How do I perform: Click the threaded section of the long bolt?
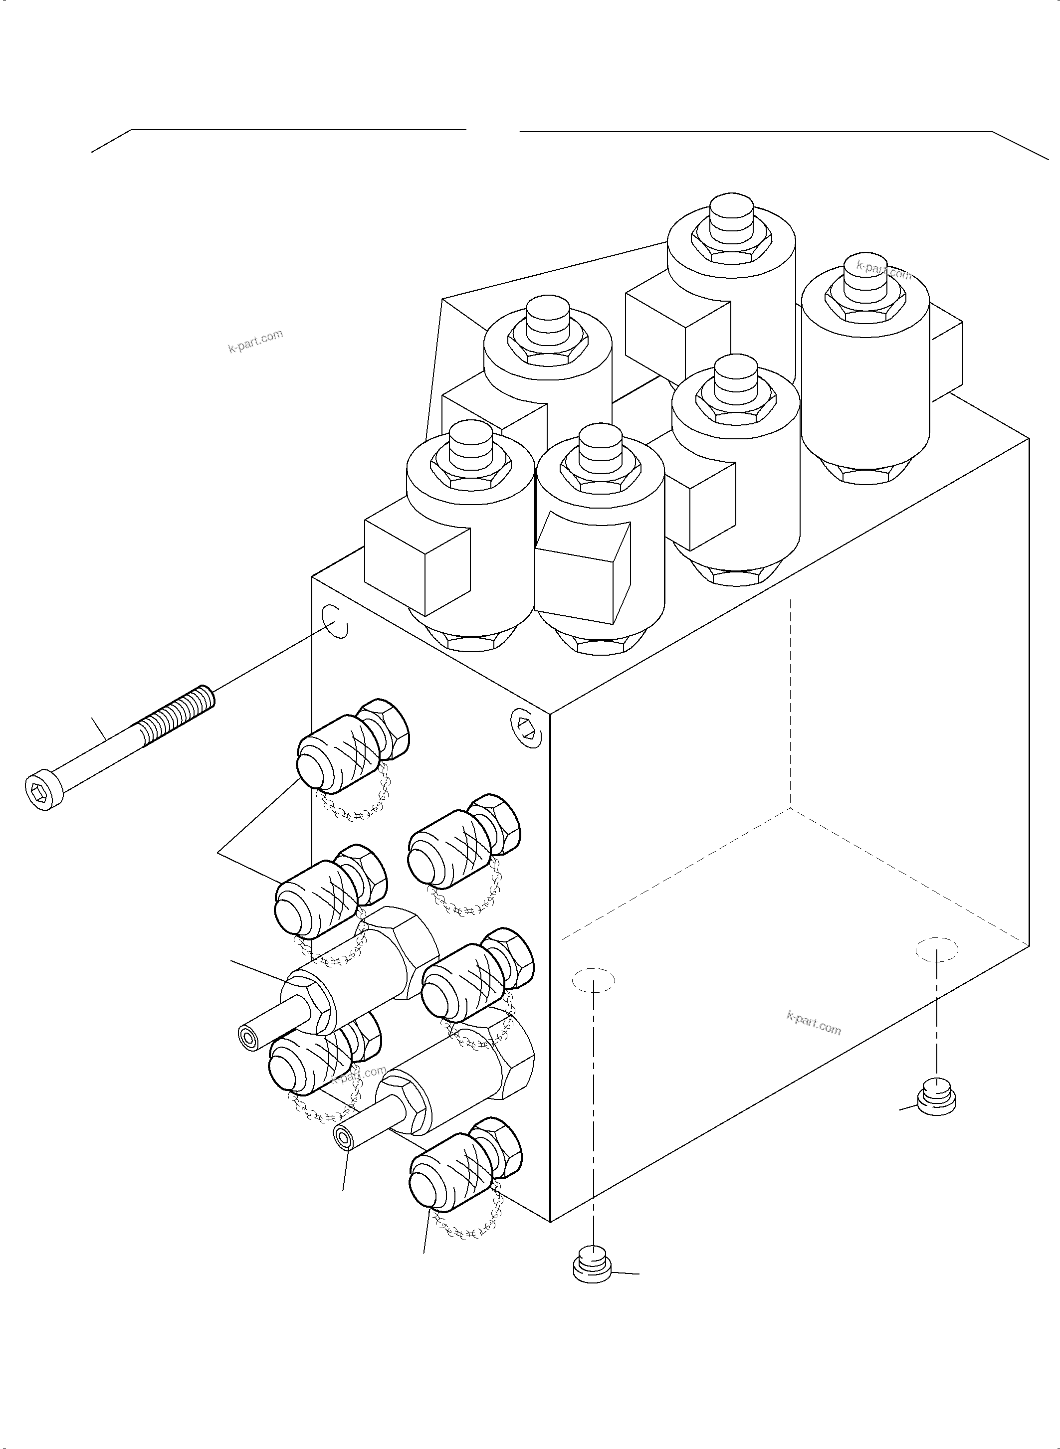[177, 712]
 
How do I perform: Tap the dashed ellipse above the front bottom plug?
[594, 981]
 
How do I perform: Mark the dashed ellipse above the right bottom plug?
[937, 949]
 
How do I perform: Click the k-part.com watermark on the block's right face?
[813, 1023]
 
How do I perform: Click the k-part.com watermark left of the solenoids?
[255, 342]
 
